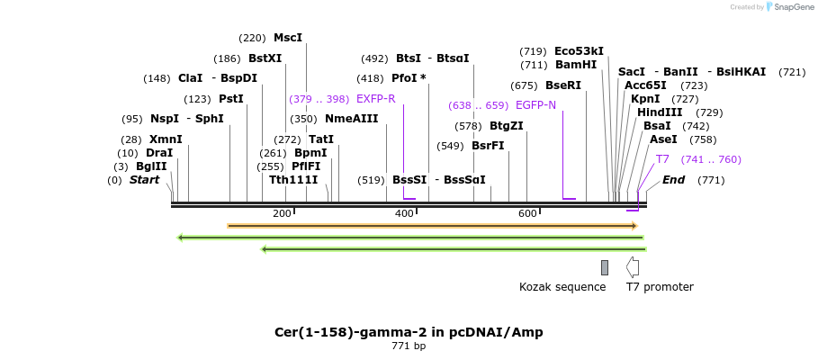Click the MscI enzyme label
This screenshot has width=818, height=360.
pos(287,38)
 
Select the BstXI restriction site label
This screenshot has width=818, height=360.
pos(265,58)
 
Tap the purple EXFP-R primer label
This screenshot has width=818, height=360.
pos(375,98)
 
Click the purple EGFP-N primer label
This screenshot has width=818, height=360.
pos(535,105)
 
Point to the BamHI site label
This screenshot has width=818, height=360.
pos(576,65)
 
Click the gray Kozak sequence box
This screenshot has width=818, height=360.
pos(605,267)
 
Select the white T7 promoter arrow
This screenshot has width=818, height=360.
pos(633,267)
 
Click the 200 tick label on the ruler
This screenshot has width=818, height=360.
pos(282,213)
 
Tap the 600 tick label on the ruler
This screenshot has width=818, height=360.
pos(527,213)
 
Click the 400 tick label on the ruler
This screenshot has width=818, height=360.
pos(404,213)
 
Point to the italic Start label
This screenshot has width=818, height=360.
pos(144,180)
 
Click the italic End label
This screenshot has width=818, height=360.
pos(673,180)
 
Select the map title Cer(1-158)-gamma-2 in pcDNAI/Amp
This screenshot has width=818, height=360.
pos(409,332)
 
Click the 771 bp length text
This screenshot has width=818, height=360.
pos(409,346)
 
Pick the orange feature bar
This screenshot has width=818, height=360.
pos(432,225)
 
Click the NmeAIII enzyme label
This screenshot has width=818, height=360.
pos(351,119)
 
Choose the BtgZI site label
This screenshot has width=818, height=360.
pos(507,126)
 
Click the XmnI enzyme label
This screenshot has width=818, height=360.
pos(166,139)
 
